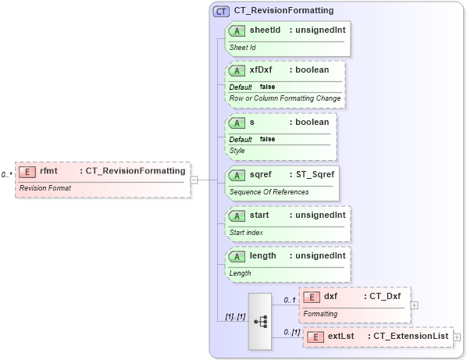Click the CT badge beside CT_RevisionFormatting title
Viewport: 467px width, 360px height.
coord(221,11)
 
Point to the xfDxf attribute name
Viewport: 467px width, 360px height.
coord(261,70)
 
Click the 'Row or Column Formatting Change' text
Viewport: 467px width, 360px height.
coord(284,98)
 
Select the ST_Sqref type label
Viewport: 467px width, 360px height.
coord(315,174)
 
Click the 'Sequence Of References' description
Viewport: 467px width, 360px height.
coord(269,191)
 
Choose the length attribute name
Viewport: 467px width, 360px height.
coord(262,256)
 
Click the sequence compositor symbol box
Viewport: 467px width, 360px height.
coord(260,321)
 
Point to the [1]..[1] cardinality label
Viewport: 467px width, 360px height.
coord(235,317)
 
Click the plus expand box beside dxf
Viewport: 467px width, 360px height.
coord(414,305)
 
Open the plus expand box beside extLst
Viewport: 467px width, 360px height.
coord(457,337)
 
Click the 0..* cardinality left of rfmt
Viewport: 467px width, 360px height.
coord(6,175)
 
